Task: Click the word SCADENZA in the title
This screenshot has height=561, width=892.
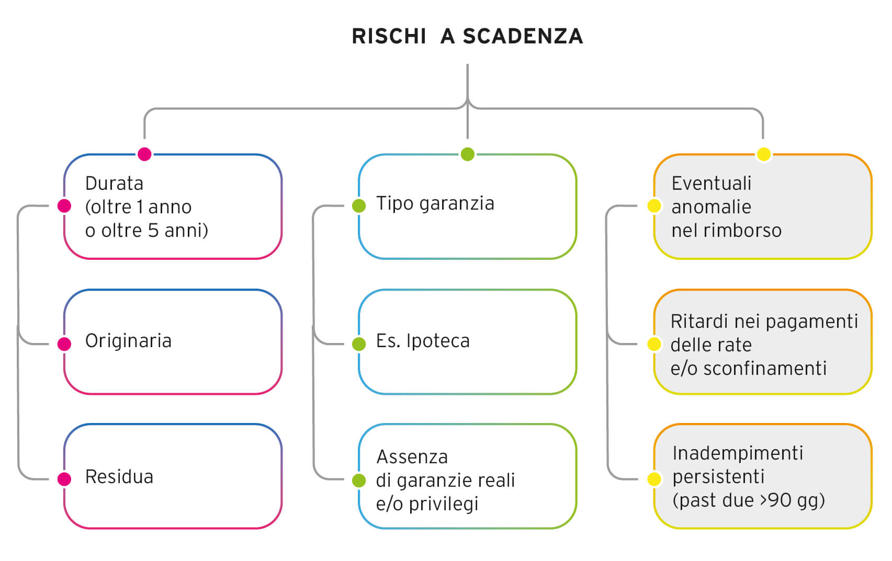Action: coord(523,36)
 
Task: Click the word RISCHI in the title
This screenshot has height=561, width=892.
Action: coord(389,36)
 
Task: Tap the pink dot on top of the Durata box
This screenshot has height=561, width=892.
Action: coord(144,154)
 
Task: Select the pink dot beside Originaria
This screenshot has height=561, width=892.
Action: coord(64,344)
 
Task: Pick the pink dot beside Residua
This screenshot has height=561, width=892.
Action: coord(64,479)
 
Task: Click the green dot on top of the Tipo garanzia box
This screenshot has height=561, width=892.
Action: coord(468,154)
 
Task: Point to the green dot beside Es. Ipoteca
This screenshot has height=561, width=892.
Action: coord(359,344)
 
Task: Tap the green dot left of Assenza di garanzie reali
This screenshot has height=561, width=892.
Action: coord(359,480)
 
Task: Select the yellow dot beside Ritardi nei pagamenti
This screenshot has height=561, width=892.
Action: coord(654,344)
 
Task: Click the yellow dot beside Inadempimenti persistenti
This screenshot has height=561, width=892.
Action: coord(654,479)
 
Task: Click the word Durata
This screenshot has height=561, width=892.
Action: coord(114,184)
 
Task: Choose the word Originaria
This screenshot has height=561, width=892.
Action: coord(128,341)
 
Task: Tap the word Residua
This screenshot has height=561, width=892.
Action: coord(119,477)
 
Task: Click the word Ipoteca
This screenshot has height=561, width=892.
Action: coord(438,341)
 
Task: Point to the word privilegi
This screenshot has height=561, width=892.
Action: coord(444,505)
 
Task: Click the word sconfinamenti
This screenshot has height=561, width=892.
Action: coord(765,369)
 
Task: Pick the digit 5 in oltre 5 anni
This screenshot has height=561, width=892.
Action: coord(153,231)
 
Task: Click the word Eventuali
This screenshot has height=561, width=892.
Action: coord(711,184)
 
